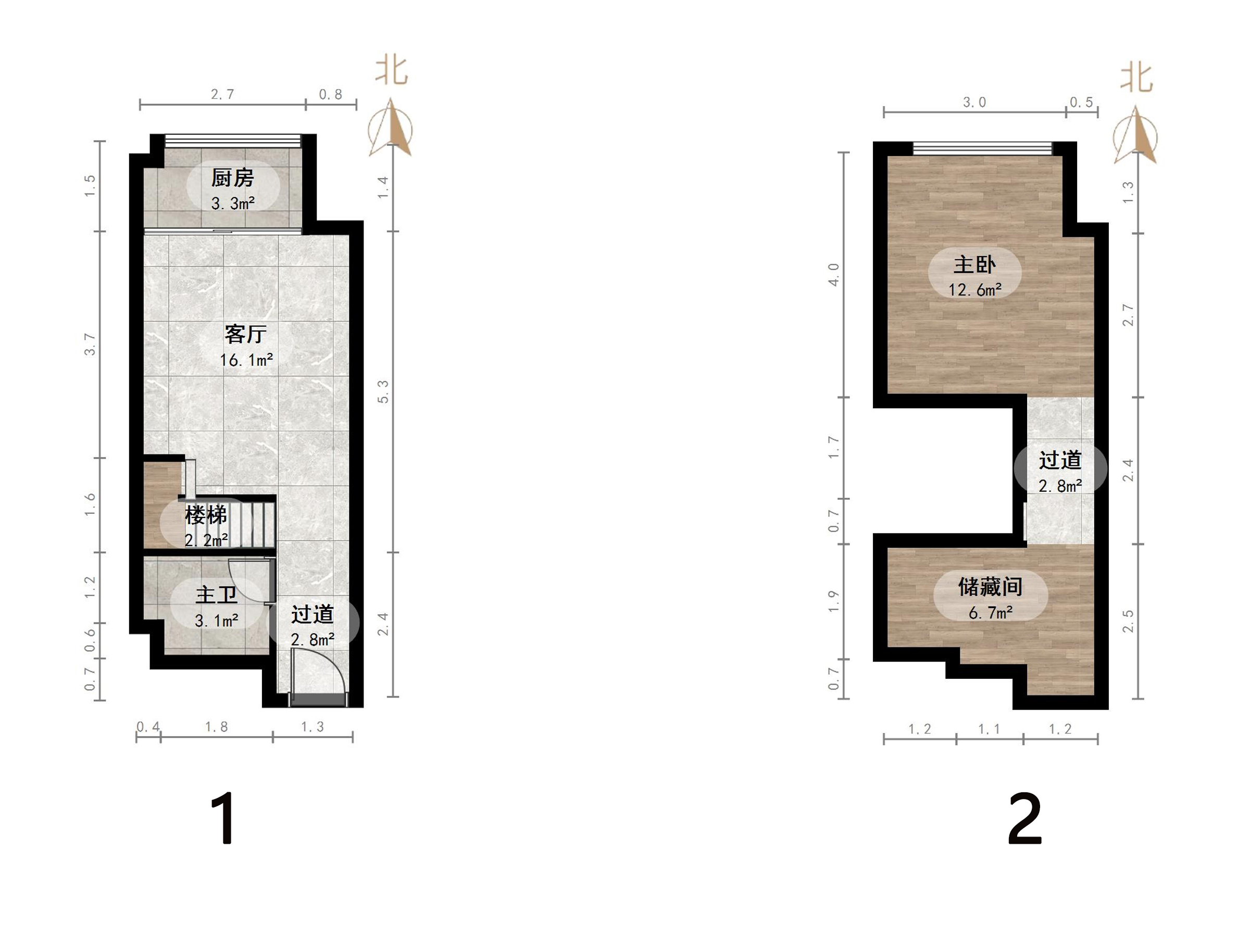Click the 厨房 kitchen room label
tap(232, 178)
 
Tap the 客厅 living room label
tap(245, 334)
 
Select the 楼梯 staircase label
tap(206, 515)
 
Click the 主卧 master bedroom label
tap(975, 264)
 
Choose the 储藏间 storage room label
tap(990, 587)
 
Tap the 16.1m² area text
tap(246, 360)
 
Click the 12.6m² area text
tap(975, 290)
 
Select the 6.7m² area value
tap(990, 612)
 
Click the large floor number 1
tap(224, 818)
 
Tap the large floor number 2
tap(1024, 818)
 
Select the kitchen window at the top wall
tap(233, 140)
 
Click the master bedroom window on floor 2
tap(983, 148)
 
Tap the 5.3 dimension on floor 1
tap(383, 391)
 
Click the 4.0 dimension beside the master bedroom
tap(833, 274)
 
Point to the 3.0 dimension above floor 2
tap(974, 102)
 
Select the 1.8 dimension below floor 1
tap(217, 727)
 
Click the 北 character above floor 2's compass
tap(1136, 78)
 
